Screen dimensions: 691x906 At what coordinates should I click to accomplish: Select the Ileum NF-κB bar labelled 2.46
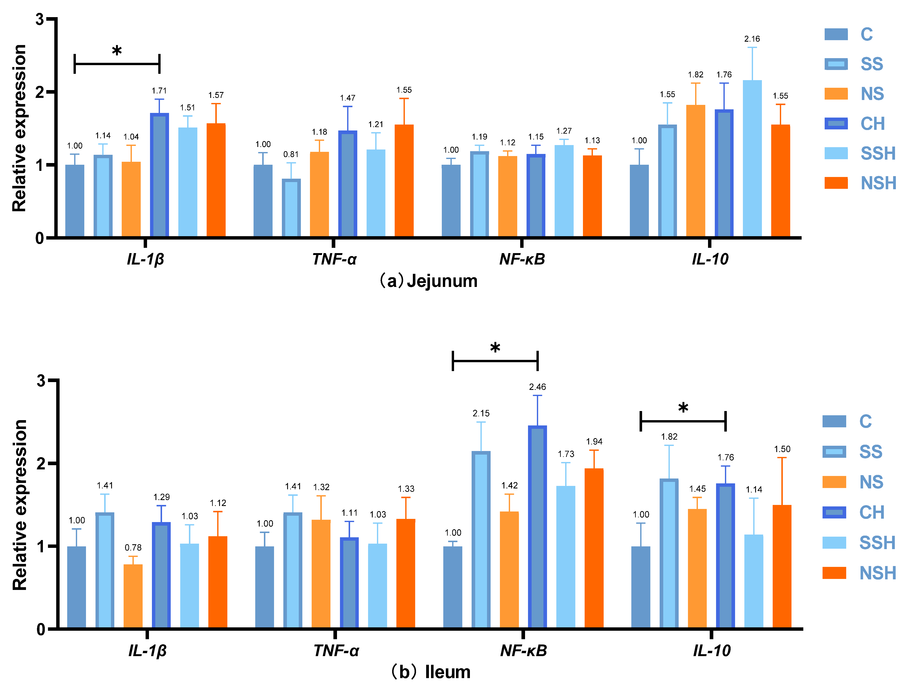pos(537,526)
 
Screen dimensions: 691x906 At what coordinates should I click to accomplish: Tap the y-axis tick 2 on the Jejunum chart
pos(40,92)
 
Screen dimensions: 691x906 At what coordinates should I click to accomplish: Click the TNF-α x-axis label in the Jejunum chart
pos(334,259)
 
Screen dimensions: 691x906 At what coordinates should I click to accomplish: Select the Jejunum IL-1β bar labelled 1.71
pos(160,175)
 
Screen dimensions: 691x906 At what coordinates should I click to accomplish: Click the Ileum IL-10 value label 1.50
pos(782,449)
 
